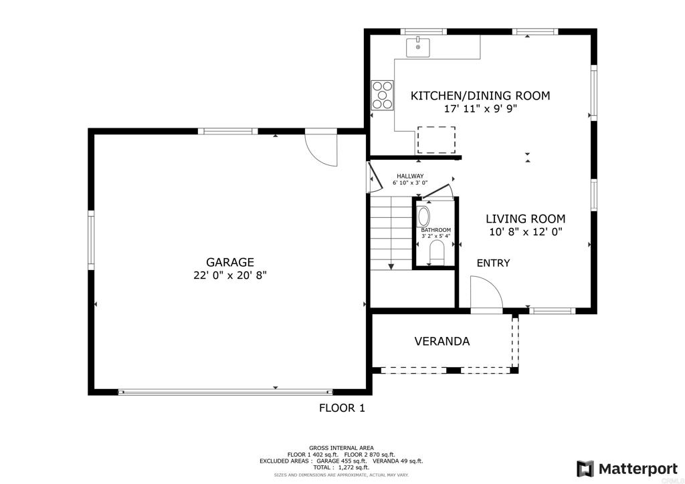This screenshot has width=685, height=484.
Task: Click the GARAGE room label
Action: point(229,262)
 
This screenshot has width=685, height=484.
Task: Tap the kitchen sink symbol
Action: point(417,47)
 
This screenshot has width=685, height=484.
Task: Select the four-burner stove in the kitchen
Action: point(383,95)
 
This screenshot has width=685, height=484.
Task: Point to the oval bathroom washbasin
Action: point(424,217)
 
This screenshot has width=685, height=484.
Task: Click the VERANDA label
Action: point(442,342)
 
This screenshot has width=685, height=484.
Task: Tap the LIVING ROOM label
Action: point(525,219)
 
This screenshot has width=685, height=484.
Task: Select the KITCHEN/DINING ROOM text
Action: point(480,96)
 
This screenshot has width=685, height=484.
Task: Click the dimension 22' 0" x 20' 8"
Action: point(229,275)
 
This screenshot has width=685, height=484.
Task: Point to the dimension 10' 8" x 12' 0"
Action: point(525,232)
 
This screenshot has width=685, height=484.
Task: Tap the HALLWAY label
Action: point(409,176)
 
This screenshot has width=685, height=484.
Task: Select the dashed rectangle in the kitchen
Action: point(436,140)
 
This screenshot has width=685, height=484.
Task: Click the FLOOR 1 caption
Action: point(341,408)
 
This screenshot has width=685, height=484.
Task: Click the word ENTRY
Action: point(493,263)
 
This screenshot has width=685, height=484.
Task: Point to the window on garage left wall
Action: point(91,241)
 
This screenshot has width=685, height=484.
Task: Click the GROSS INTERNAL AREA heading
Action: point(341,448)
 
